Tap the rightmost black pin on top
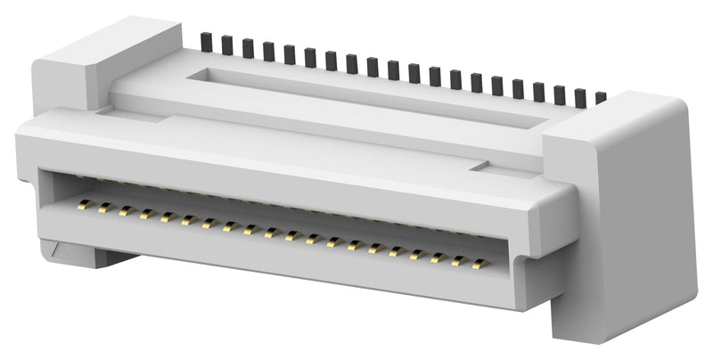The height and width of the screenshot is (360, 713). (x=601, y=97)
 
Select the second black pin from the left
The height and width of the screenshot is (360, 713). (x=226, y=45)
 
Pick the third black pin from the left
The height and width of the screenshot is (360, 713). (x=247, y=47)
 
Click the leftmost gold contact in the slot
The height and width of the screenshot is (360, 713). (x=83, y=205)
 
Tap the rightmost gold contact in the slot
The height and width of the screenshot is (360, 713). (x=479, y=264)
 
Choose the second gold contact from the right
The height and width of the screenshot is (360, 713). (x=458, y=261)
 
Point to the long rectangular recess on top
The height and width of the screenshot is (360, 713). (x=356, y=93)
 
